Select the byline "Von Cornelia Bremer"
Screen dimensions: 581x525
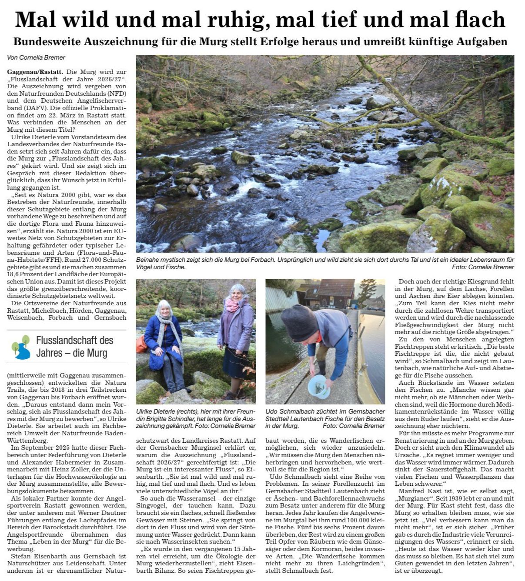(36, 58)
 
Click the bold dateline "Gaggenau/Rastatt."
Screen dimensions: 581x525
(35, 71)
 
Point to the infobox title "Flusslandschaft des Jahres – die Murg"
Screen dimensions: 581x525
(74, 347)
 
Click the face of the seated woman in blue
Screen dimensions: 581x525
(164, 308)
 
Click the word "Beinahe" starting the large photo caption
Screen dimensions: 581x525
(148, 260)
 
